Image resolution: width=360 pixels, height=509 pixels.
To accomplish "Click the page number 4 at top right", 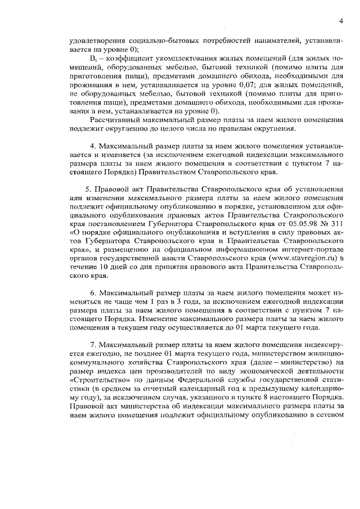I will pos(341,21).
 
